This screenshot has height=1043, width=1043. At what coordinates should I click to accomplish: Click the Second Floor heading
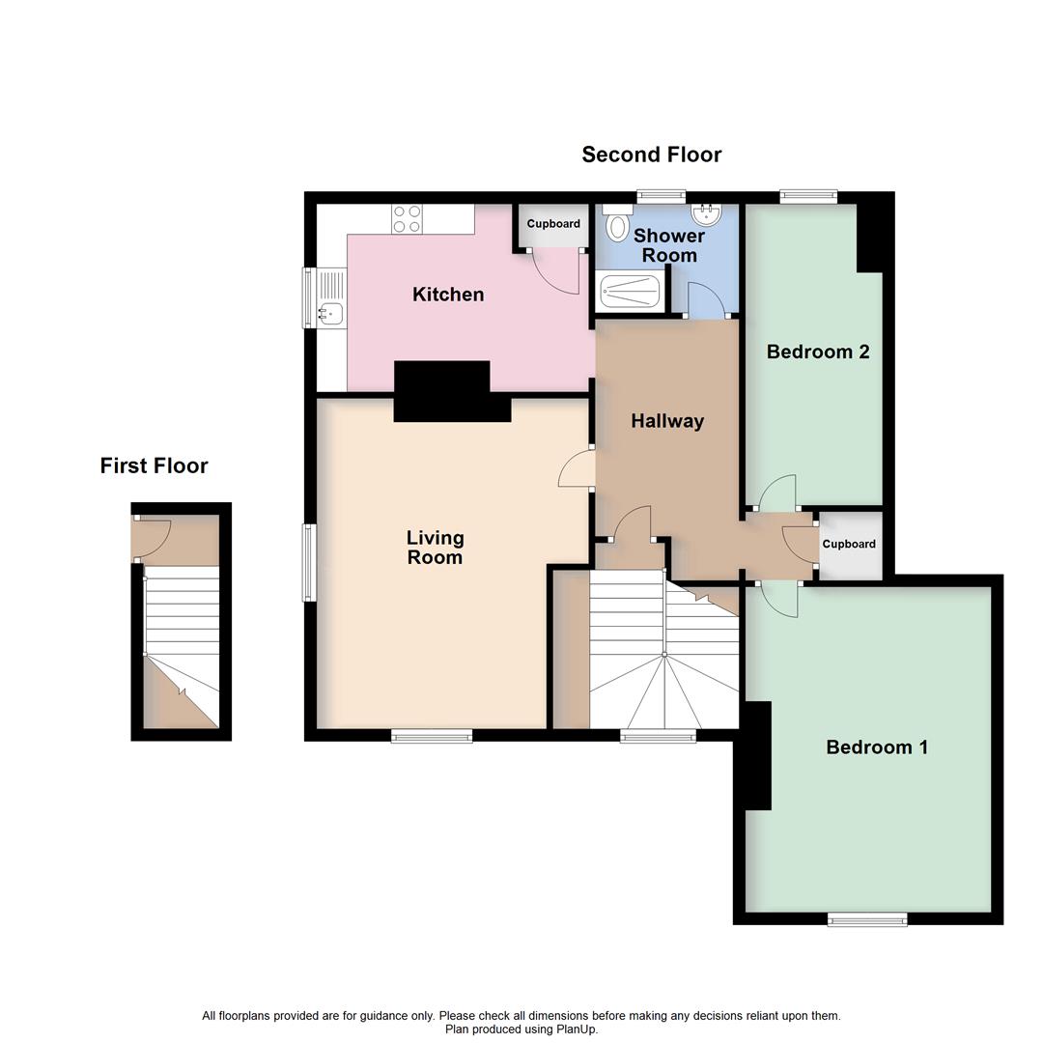pyautogui.click(x=651, y=155)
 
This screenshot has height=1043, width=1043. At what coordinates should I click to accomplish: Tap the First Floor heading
pyautogui.click(x=154, y=465)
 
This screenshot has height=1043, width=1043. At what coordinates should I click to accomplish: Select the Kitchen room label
pyautogui.click(x=448, y=295)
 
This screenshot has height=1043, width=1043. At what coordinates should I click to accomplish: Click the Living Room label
pyautogui.click(x=435, y=548)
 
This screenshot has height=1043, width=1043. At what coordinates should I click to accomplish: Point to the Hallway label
pyautogui.click(x=667, y=421)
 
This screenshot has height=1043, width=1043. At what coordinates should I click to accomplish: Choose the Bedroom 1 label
pyautogui.click(x=877, y=747)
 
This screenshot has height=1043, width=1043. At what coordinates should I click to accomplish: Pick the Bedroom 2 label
pyautogui.click(x=818, y=352)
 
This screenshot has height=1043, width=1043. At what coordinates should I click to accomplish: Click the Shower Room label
pyautogui.click(x=669, y=245)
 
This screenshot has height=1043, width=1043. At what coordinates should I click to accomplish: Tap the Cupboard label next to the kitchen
pyautogui.click(x=553, y=224)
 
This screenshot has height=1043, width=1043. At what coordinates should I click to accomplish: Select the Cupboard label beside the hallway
pyautogui.click(x=849, y=544)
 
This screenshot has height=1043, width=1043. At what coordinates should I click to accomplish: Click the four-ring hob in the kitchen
pyautogui.click(x=407, y=219)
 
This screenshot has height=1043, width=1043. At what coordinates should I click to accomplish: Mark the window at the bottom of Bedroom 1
pyautogui.click(x=866, y=919)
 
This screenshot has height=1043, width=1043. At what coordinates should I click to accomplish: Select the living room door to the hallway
pyautogui.click(x=577, y=472)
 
